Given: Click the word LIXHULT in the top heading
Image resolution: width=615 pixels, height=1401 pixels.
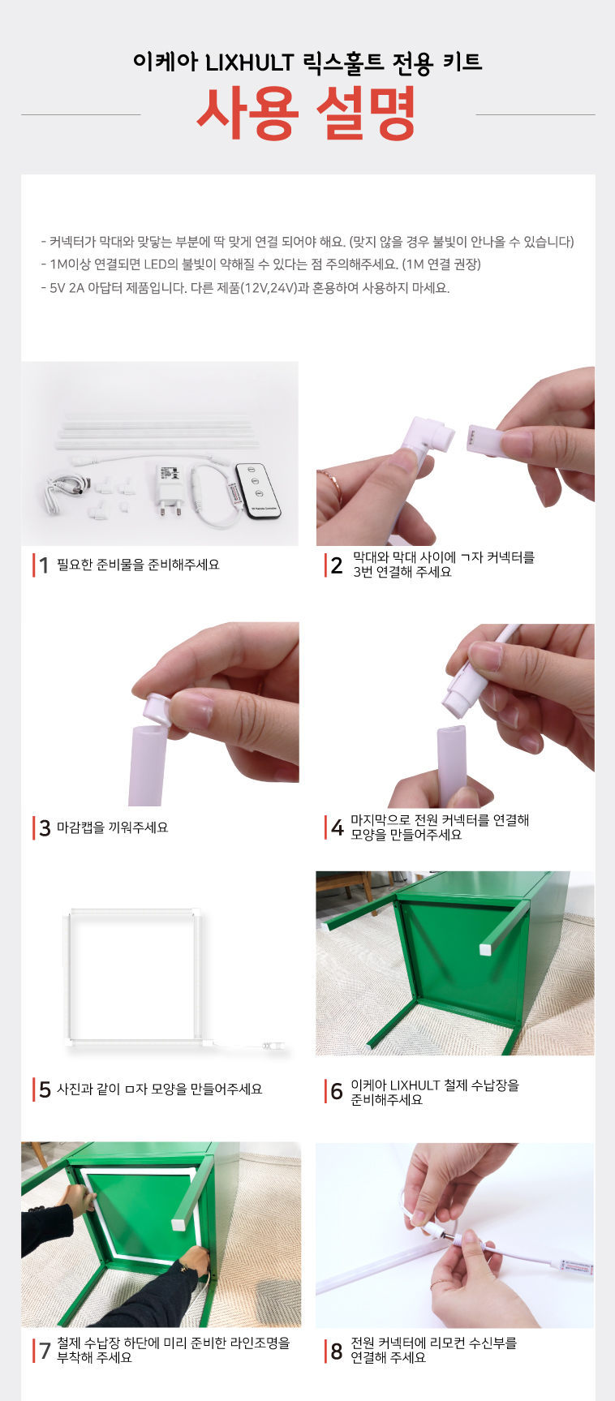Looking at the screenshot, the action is coord(249,62).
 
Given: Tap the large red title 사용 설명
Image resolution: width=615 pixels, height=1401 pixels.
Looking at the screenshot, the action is coord(307,113).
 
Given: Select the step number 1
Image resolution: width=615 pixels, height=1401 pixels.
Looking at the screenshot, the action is coord(44,565).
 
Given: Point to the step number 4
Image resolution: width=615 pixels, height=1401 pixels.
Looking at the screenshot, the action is coord(337,827).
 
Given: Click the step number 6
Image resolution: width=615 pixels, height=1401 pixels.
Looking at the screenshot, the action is coord(337,1092).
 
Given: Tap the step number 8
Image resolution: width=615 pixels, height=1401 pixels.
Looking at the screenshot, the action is coord(337,1352).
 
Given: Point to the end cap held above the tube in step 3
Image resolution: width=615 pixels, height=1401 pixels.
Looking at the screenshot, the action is coord(157,707).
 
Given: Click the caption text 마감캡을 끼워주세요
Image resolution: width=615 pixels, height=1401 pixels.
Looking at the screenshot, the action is coord(113,827).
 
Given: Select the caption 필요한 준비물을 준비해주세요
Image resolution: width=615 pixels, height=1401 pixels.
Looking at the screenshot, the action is coord(138,565).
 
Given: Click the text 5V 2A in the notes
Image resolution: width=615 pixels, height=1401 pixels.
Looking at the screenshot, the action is coord(67,288).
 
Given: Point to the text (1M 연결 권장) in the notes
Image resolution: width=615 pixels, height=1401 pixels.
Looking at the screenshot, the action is coord(441,264).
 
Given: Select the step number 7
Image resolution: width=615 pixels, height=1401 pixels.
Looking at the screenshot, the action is coord(44,1352).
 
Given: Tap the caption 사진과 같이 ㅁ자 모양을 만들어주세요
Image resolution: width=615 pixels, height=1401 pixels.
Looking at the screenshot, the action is coord(160,1089).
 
